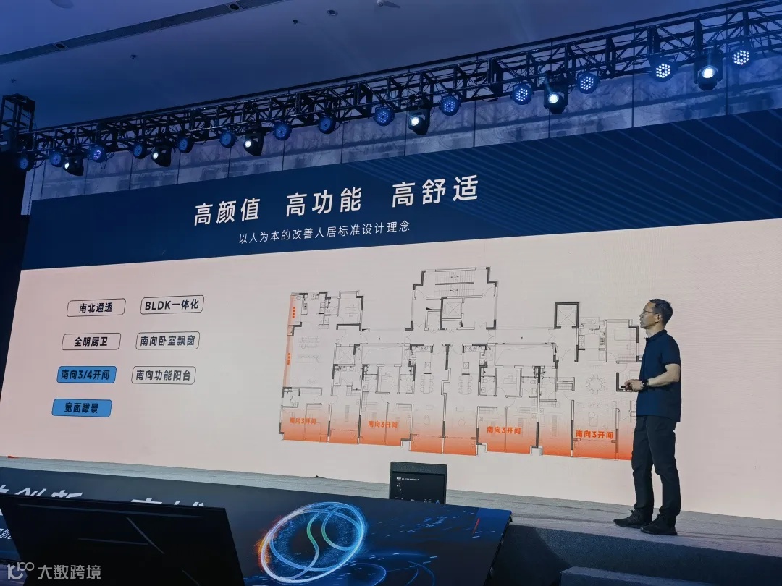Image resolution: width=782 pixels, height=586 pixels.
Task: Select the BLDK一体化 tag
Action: pos(172,305)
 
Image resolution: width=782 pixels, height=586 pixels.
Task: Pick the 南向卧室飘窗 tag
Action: pos(167,340)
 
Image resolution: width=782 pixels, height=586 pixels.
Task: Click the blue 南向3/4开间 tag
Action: pos(86,375)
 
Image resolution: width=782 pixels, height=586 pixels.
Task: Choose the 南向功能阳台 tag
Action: pos(164,375)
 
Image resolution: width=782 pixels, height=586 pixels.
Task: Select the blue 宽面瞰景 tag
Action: pos(81,408)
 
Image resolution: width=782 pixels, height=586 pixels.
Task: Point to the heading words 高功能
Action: pos(322,202)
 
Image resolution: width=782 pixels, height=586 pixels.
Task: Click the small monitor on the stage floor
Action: pos(418,483)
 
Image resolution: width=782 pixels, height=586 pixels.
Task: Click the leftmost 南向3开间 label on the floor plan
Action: pos(305,418)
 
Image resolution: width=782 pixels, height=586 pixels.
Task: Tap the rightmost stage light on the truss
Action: pos(741,56)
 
